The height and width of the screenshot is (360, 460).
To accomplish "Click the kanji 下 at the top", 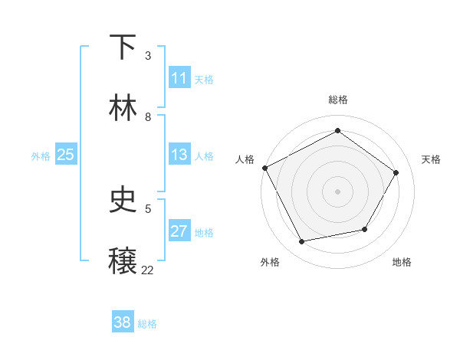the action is [123, 47].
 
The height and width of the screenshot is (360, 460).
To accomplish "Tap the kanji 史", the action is [123, 200].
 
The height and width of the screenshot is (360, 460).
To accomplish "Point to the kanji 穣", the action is [123, 260].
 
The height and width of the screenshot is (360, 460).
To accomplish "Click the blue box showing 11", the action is [179, 78].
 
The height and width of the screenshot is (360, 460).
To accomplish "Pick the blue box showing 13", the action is [179, 155].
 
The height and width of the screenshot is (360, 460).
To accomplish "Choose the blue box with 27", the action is [179, 231].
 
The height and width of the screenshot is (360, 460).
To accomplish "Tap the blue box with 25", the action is [65, 155].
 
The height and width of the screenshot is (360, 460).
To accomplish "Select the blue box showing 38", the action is [123, 322].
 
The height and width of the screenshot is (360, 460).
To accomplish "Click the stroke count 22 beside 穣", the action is [148, 270].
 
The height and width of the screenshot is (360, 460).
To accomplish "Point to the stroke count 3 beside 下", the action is [148, 55].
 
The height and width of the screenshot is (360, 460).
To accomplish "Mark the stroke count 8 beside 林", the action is [148, 116].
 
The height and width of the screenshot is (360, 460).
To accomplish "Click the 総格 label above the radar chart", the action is [337, 100].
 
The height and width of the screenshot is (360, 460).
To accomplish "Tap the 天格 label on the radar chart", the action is [432, 159].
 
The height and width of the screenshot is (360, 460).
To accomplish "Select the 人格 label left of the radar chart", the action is [245, 159].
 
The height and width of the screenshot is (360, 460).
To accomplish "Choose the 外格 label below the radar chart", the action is [270, 262].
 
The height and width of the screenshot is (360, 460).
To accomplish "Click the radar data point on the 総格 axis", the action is [337, 130].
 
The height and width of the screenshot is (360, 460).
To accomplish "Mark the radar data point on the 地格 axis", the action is [365, 229].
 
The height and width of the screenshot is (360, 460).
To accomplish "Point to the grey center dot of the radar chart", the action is [337, 191].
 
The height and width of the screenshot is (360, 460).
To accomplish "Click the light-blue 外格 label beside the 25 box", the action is [41, 155].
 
